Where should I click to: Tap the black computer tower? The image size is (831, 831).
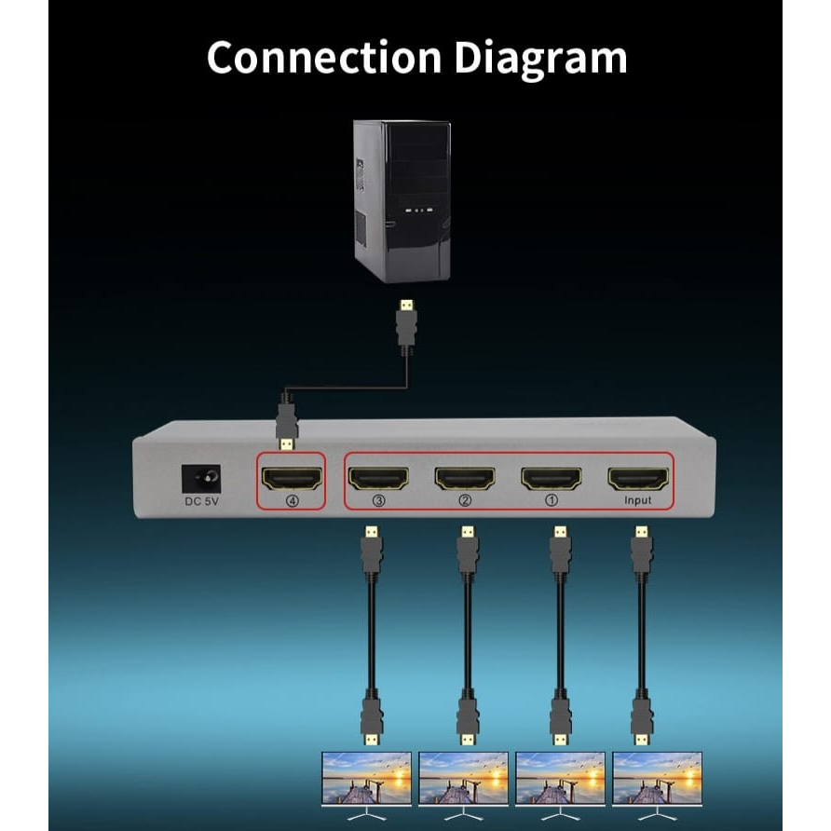[x=402, y=200]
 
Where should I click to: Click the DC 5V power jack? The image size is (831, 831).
[x=202, y=481]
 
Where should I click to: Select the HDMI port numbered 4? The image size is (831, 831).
[x=292, y=478]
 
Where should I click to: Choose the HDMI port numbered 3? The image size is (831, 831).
[x=378, y=478]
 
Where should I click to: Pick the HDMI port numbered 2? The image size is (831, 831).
[x=465, y=478]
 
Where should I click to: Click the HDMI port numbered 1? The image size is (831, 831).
[x=552, y=478]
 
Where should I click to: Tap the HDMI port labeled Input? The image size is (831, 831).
[x=638, y=478]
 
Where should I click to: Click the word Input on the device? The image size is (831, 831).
[x=638, y=501]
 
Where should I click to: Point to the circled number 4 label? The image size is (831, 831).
[x=292, y=500]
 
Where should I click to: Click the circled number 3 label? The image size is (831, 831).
[x=378, y=500]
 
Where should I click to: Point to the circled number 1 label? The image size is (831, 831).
[x=552, y=500]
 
